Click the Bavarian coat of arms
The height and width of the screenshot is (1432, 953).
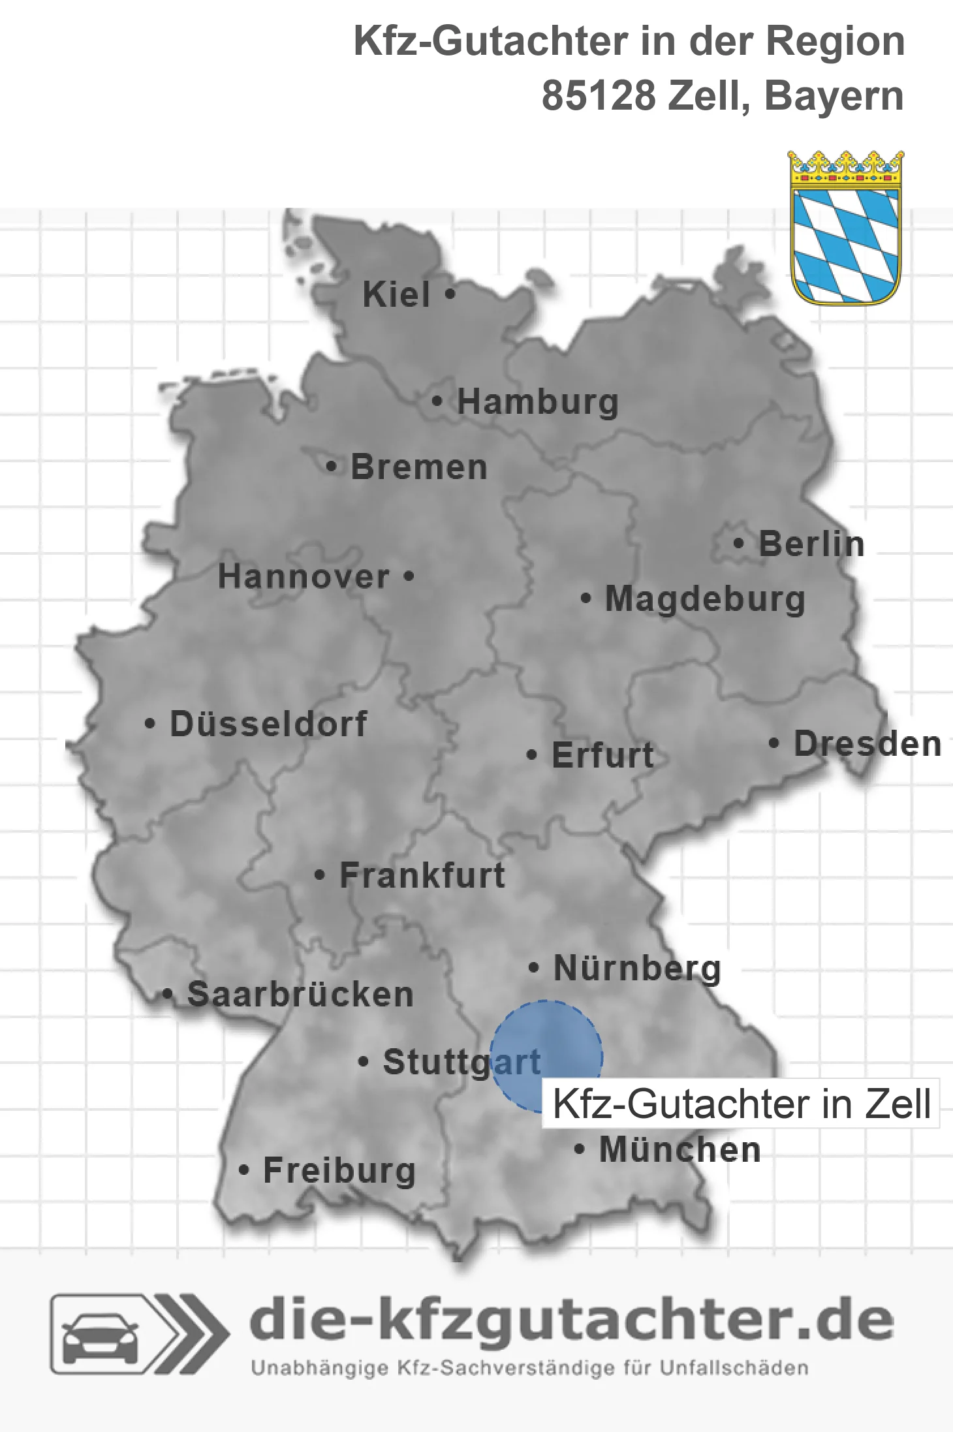pos(845,228)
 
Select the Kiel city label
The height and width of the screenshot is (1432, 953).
pos(396,294)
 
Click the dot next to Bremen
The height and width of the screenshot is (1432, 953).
pos(332,467)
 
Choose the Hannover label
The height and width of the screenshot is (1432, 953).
pos(304,576)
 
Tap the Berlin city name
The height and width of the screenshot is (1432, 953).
pos(811,544)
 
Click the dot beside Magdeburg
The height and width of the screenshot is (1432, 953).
pos(586,598)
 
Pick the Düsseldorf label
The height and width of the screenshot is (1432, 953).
pos(268,724)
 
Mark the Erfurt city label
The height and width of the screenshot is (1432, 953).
pos(602,755)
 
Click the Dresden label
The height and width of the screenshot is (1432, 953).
pos(867,743)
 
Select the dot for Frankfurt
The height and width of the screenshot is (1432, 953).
pos(319,875)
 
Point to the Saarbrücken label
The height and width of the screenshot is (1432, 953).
pos(300,995)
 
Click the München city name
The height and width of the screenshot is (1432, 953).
pos(680,1149)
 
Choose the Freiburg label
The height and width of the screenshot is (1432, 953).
pos(339,1170)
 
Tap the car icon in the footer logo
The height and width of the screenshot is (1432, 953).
pos(100,1335)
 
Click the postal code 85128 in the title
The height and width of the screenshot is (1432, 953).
pos(599,96)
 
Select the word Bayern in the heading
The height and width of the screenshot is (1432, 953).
pos(834,96)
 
